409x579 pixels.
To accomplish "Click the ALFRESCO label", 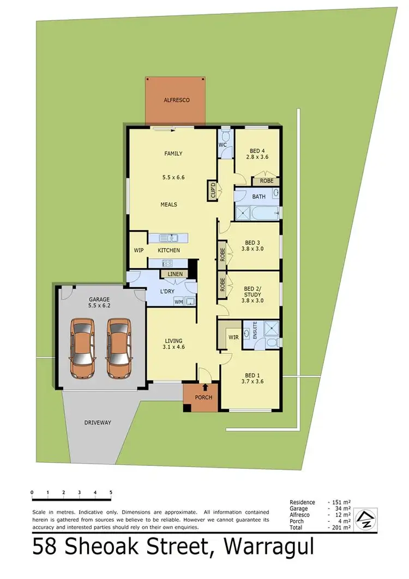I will (x=176, y=101).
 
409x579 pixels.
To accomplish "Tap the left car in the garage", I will (x=82, y=348).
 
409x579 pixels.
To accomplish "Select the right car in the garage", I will (x=118, y=348).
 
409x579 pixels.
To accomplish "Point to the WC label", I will (x=222, y=145).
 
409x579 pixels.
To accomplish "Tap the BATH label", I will (x=258, y=196).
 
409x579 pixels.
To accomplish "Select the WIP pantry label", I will (x=138, y=250).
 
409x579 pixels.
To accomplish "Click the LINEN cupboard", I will (x=175, y=274).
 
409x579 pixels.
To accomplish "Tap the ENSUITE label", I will (x=255, y=331).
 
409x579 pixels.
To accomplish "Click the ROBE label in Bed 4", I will (x=266, y=181).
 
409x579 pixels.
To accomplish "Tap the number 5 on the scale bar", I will (x=111, y=493).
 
